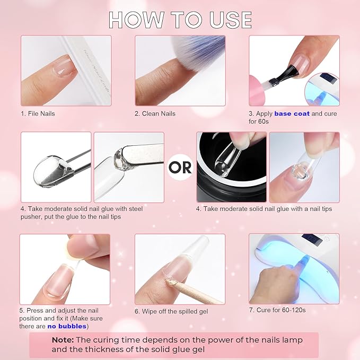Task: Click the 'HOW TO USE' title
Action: [x=180, y=20]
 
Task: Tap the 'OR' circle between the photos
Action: [x=180, y=167]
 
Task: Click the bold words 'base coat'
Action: [x=292, y=113]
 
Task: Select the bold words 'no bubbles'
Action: [x=67, y=326]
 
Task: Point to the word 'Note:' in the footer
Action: [x=63, y=340]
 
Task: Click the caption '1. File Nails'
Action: [x=38, y=113]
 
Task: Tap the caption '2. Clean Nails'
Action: [x=155, y=113]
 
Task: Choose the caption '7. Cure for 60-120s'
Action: [x=277, y=310]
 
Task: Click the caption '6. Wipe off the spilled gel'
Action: [x=171, y=311]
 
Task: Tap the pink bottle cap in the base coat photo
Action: [x=257, y=90]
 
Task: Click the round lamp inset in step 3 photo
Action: [x=322, y=90]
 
